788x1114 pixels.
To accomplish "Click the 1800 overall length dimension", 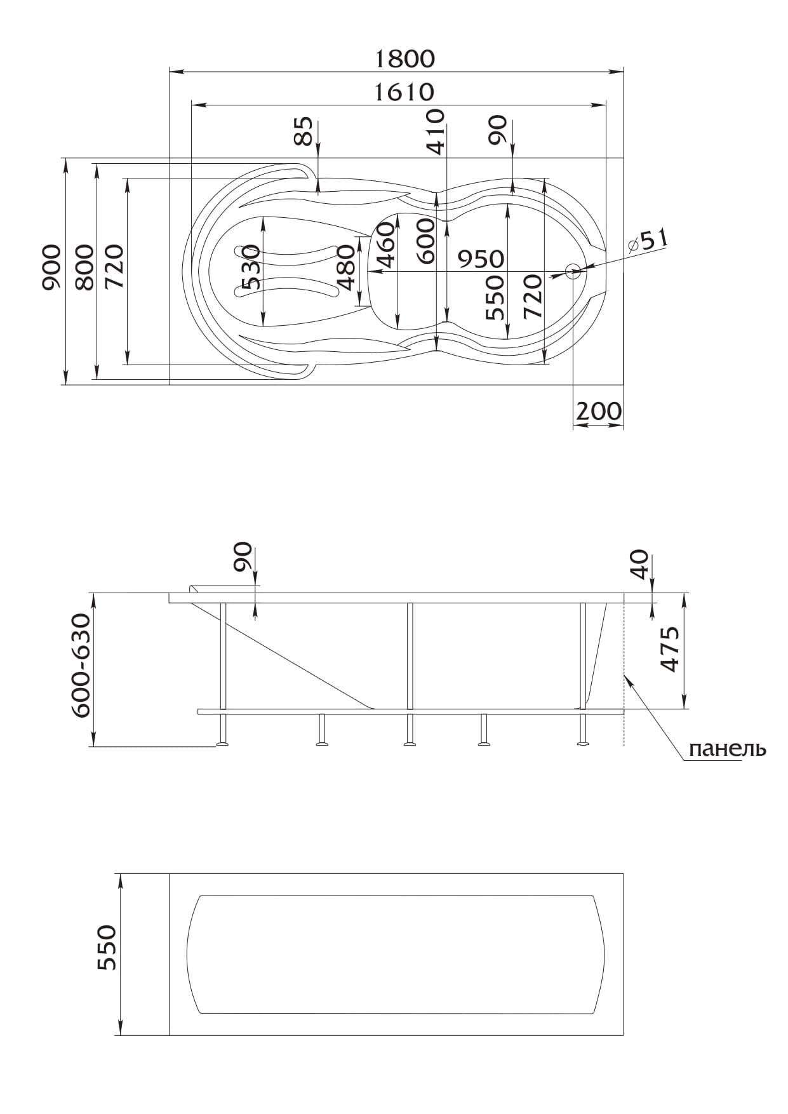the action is click(x=405, y=58).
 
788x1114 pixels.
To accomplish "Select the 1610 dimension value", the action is click(x=404, y=93).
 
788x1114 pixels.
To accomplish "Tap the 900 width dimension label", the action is click(x=52, y=267).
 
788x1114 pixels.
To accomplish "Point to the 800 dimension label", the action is click(x=84, y=267).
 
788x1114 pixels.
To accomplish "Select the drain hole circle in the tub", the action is click(x=573, y=272).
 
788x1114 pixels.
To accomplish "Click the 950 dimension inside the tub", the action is click(x=481, y=258).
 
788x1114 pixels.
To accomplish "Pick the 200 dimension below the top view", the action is click(x=599, y=412).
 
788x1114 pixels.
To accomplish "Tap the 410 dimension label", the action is click(x=436, y=131).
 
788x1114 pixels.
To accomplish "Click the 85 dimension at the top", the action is click(x=306, y=131).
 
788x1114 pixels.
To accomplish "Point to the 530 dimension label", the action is click(x=251, y=267).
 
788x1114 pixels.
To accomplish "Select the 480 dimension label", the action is click(x=346, y=267).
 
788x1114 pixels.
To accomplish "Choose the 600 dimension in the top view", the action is click(x=425, y=241).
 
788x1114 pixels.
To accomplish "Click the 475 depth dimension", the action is click(x=670, y=649).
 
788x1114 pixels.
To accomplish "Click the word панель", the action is click(x=728, y=749).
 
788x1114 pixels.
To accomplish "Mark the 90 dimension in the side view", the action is click(x=243, y=557).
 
